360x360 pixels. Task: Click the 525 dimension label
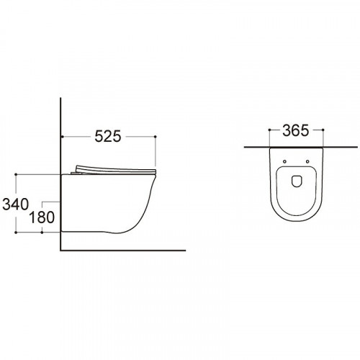[x=108, y=136]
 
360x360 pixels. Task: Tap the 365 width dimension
[x=295, y=131]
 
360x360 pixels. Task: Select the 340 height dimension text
[x=16, y=204]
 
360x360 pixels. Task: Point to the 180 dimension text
[x=42, y=217]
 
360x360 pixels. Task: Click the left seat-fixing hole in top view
[x=284, y=161]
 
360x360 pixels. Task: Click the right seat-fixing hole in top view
[x=307, y=161]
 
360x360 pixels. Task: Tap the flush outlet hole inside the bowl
[x=297, y=181]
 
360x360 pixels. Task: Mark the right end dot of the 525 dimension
[x=156, y=137]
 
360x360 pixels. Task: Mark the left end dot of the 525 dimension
[x=62, y=137]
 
